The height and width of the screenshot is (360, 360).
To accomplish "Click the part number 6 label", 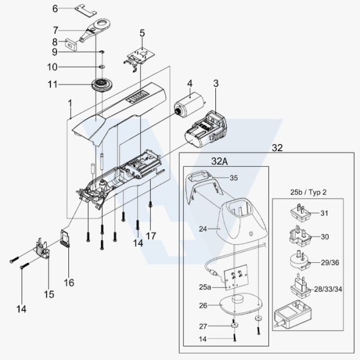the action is click(x=55, y=9).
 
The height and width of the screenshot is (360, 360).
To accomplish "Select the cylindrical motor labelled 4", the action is click(x=188, y=104).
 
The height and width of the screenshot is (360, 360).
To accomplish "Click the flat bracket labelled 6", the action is click(x=85, y=11).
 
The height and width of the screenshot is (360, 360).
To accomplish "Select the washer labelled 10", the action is click(x=102, y=67).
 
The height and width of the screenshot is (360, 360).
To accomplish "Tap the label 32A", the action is click(x=219, y=161).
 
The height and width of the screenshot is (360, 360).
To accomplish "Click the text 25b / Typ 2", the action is click(x=308, y=192).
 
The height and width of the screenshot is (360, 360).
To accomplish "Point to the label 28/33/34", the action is click(x=328, y=289).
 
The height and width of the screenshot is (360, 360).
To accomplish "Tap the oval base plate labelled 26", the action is click(x=241, y=304).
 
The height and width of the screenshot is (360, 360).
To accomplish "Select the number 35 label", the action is click(x=234, y=178).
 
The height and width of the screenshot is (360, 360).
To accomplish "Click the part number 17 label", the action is click(x=151, y=236).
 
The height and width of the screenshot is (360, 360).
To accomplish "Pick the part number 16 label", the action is click(x=69, y=283).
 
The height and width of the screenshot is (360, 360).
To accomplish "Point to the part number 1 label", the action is click(x=70, y=104).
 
